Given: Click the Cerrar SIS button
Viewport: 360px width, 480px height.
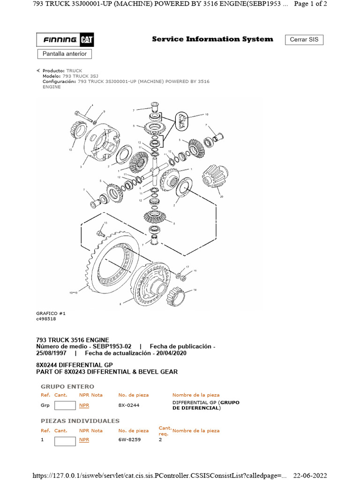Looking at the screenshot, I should click(304, 39).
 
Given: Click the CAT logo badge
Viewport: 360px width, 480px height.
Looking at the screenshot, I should click(86, 40).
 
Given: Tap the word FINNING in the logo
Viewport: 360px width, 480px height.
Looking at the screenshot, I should click(60, 40).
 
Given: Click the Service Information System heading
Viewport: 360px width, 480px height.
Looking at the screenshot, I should click(212, 39).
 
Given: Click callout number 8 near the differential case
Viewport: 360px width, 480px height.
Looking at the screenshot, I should click(120, 304).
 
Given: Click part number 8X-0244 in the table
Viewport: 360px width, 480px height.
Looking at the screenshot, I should click(128, 405).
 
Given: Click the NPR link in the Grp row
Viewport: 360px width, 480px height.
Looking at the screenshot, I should click(84, 405).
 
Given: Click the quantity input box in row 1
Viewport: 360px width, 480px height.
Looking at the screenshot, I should click(65, 441).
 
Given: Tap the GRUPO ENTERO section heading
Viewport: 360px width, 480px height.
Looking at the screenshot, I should click(67, 387).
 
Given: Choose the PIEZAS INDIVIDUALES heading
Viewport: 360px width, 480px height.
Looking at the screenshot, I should click(80, 421).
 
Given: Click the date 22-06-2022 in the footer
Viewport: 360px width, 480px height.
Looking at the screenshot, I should click(310, 475).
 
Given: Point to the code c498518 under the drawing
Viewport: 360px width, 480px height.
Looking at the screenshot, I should click(45, 319).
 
